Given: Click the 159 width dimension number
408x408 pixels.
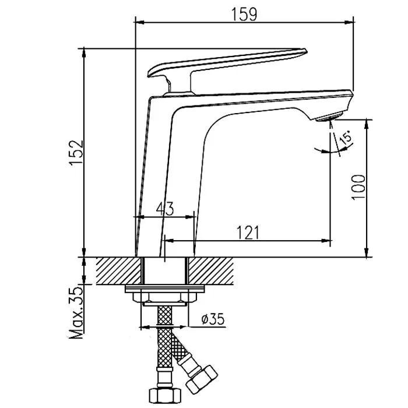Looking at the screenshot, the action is pos(244,15).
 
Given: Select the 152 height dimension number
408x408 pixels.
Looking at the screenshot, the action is pos(76,153).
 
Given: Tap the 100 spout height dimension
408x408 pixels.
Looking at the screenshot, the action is pos(358,187).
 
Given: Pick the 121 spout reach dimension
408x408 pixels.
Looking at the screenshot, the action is pos(248,233).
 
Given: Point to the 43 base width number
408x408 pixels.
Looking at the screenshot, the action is pos(165,209).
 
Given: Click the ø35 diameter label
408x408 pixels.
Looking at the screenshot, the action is pos(213,319).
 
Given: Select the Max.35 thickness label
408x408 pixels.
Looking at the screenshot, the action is pos(76,312).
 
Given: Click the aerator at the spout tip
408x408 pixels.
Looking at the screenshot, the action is pos(329,117).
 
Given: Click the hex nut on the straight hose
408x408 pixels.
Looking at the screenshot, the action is pos(165,396).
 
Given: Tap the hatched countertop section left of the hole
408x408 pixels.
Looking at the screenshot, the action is pos(119,271).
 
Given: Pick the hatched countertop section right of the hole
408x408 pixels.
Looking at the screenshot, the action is pos(211,271).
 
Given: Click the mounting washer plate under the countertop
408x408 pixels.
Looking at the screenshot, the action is pos(165,289).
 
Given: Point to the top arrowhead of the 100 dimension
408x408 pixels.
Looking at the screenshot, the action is pos(367,124).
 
